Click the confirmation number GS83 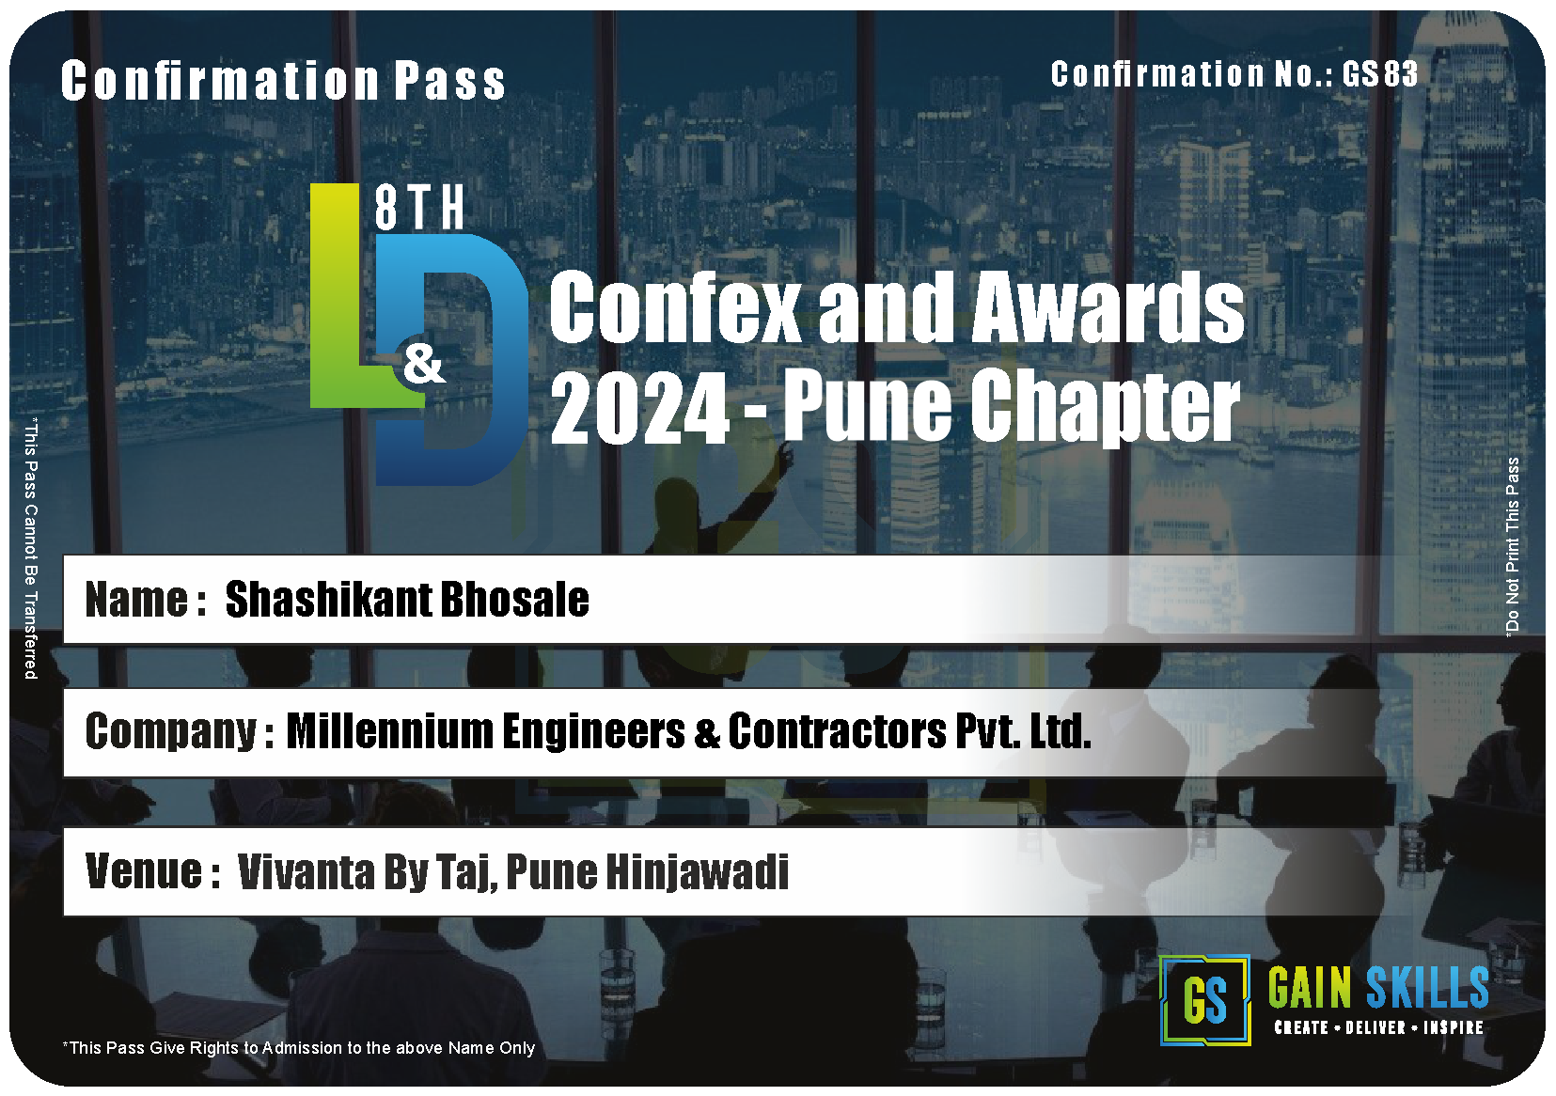pyautogui.click(x=1379, y=73)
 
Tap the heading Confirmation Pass pyautogui.click(x=283, y=81)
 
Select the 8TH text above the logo pyautogui.click(x=419, y=208)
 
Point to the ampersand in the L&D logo pyautogui.click(x=424, y=364)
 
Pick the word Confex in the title pyautogui.click(x=675, y=306)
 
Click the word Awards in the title pyautogui.click(x=1108, y=306)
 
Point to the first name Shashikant pyautogui.click(x=328, y=599)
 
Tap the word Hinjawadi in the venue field pyautogui.click(x=698, y=871)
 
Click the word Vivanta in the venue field pyautogui.click(x=306, y=871)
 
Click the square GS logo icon pyautogui.click(x=1204, y=1000)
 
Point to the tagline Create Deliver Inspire pyautogui.click(x=1379, y=1027)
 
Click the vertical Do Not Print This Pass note pyautogui.click(x=1512, y=546)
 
